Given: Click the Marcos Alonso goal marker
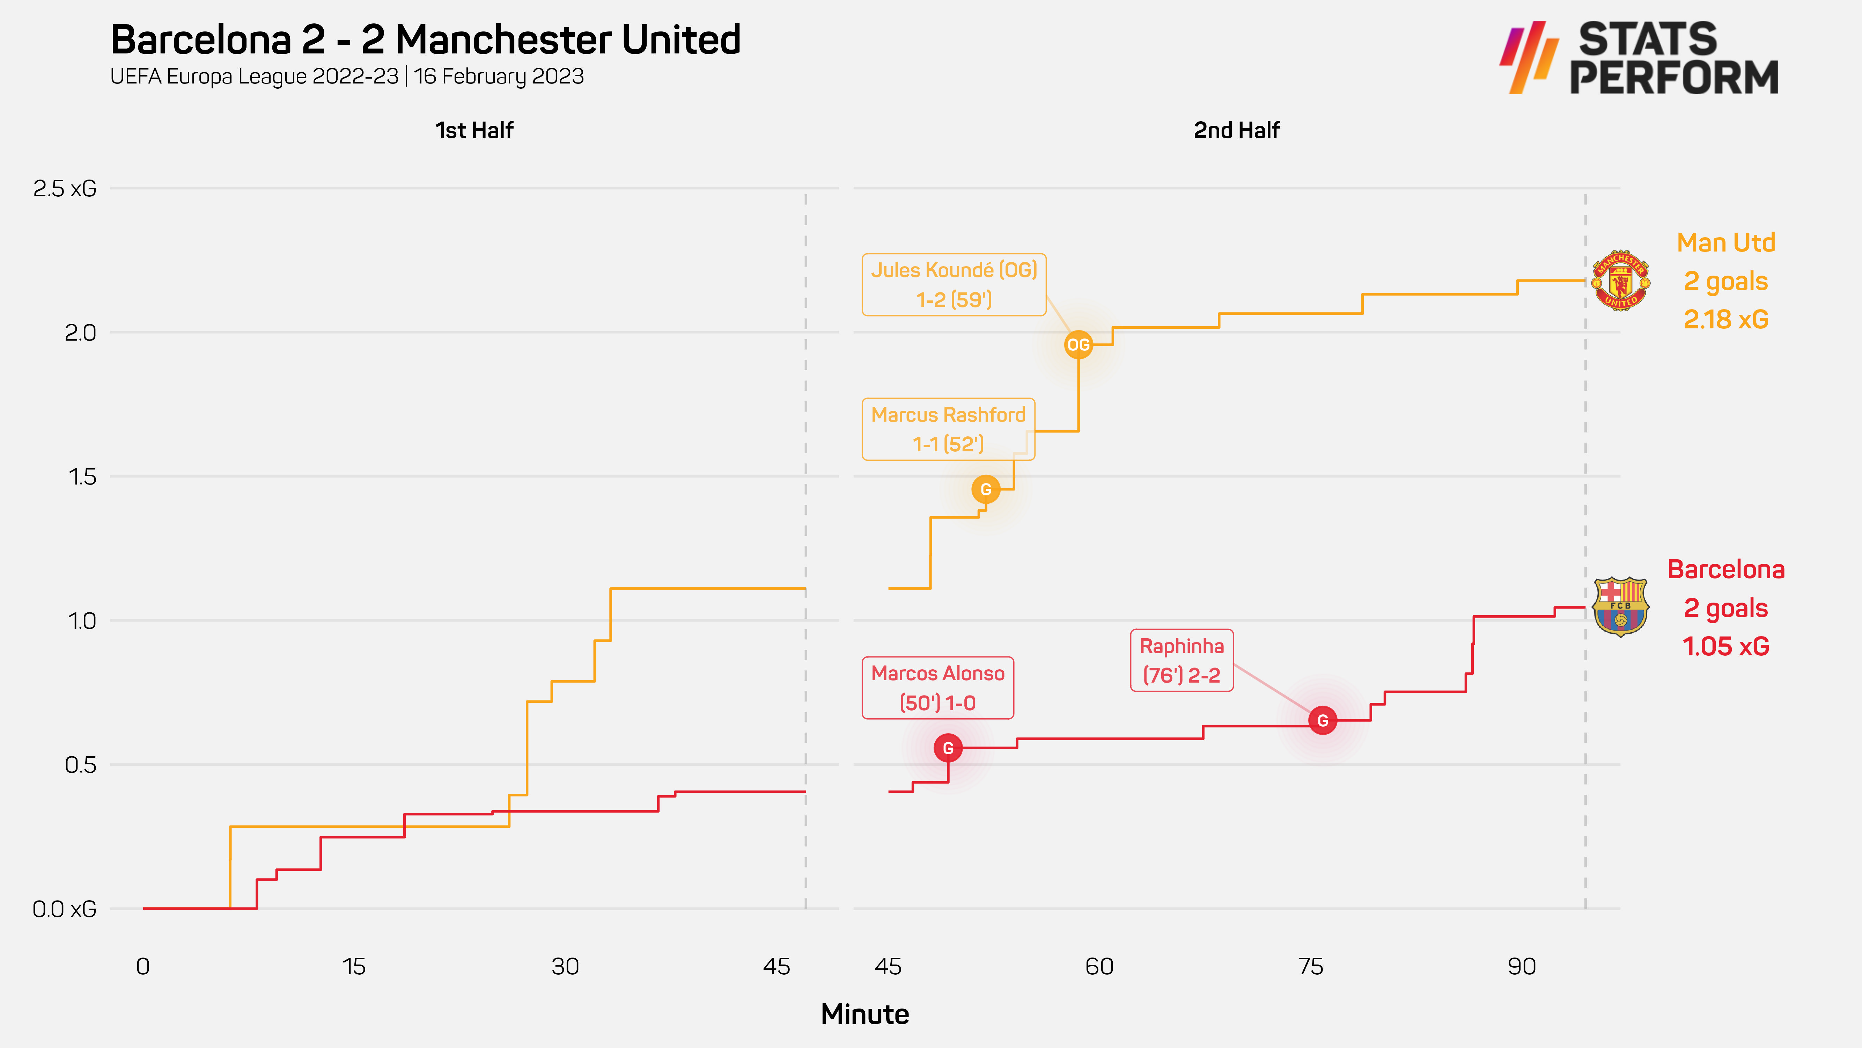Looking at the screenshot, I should coord(948,748).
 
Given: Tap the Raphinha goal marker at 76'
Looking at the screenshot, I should coord(1322,720).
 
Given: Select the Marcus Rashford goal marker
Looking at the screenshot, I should coord(985,490).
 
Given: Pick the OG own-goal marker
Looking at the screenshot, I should coord(1078,345).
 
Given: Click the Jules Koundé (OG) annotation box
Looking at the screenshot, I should coord(954,284).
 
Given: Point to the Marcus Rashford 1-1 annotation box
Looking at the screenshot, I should coord(948,429).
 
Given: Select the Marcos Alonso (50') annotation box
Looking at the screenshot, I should coord(937,688).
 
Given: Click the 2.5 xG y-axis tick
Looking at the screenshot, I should coord(64,189).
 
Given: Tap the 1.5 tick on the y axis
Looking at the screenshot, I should coord(82,476).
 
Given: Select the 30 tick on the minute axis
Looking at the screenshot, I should coord(565,966).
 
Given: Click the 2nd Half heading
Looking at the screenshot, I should coord(1236,130).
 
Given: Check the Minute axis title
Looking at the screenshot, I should coord(864,1014).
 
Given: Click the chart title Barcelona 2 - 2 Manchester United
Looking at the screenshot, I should coord(425,40).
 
